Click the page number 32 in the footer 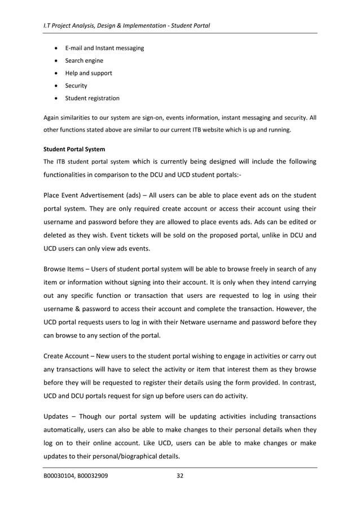pyautogui.click(x=180, y=476)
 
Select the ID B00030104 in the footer pyautogui.click(x=59, y=476)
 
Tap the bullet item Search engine pyautogui.click(x=84, y=60)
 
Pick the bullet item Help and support pyautogui.click(x=89, y=73)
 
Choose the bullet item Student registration pyautogui.click(x=92, y=98)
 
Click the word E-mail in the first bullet pyautogui.click(x=75, y=48)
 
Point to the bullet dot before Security pyautogui.click(x=56, y=86)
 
